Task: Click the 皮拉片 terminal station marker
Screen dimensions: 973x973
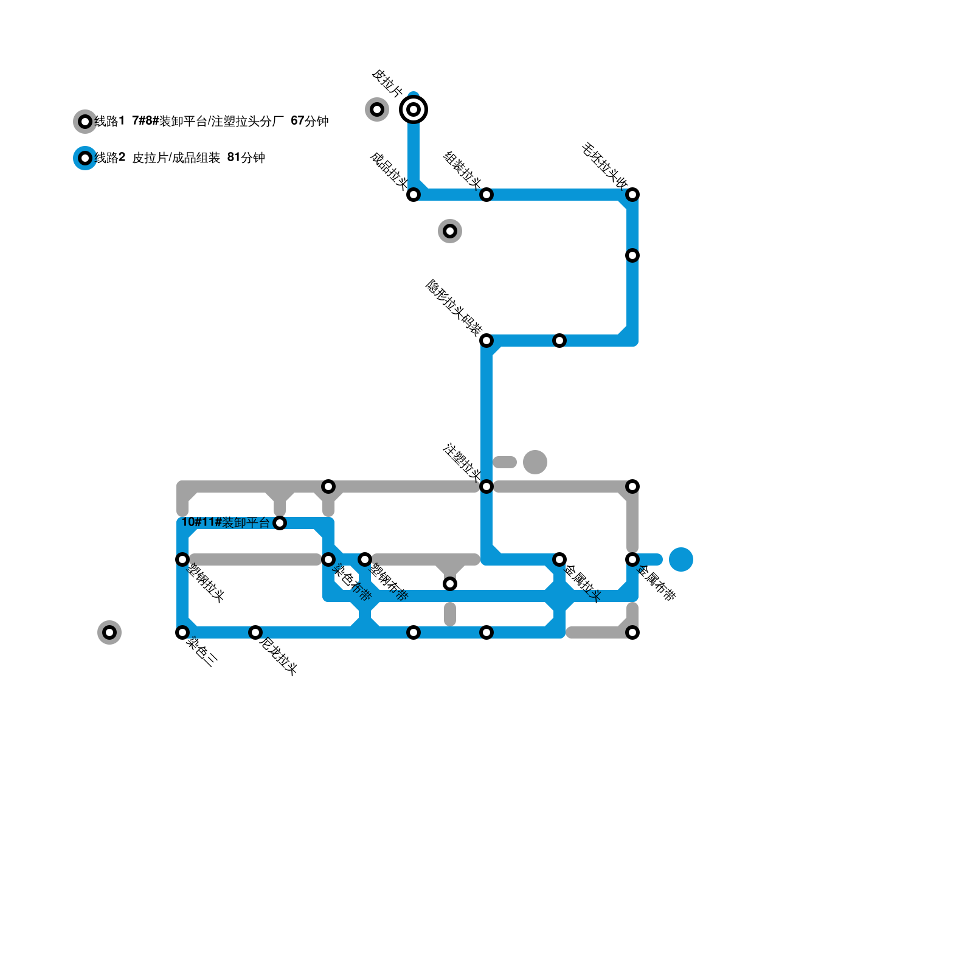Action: point(414,109)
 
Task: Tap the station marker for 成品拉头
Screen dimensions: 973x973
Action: point(414,195)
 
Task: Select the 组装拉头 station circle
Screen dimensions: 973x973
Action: point(486,195)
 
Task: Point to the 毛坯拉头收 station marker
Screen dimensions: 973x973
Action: point(632,195)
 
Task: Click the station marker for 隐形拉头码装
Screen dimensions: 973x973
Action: point(486,341)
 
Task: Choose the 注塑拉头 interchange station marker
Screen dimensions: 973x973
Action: point(486,486)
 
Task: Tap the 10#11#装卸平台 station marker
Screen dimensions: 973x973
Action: point(280,523)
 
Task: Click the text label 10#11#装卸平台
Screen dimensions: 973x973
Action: point(226,522)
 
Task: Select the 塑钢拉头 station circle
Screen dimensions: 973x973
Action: point(182,559)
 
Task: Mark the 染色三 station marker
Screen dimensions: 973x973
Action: point(182,632)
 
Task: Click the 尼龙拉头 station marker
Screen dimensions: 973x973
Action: point(255,632)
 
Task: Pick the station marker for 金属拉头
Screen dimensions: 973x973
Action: point(559,559)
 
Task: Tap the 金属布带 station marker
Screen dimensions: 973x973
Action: point(632,559)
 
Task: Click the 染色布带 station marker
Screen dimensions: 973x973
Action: point(328,559)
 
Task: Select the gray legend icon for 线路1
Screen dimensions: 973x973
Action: point(85,122)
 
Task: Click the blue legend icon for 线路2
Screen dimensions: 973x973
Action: point(85,158)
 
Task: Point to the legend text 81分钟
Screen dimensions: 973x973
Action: point(246,158)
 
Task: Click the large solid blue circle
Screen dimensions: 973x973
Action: point(681,559)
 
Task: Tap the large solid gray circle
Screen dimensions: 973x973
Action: point(535,462)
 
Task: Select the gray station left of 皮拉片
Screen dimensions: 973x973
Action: point(377,109)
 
